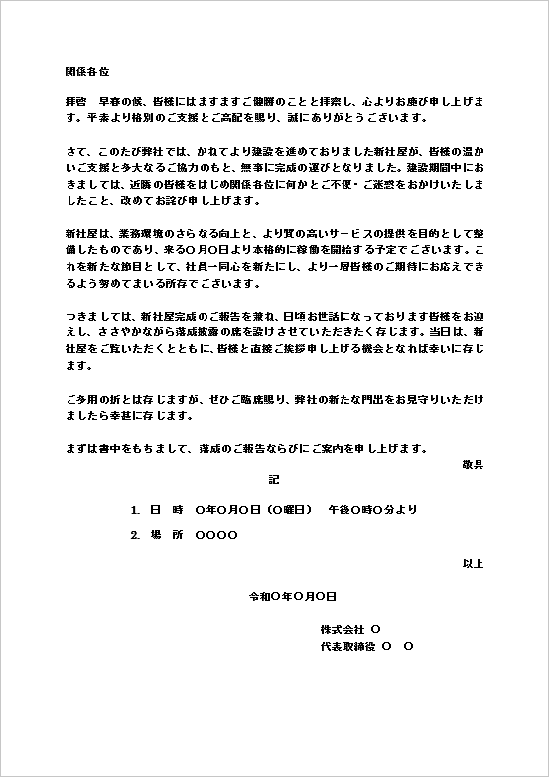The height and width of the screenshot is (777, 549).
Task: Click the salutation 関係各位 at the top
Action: pyautogui.click(x=86, y=73)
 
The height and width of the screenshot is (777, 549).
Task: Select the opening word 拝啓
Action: pyautogui.click(x=75, y=103)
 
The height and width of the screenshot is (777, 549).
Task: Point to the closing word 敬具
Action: pyautogui.click(x=473, y=464)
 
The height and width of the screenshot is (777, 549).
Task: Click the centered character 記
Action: pyautogui.click(x=274, y=480)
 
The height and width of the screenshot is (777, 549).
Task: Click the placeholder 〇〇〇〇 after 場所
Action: pyautogui.click(x=216, y=536)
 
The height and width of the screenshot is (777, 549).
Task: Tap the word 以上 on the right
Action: pyautogui.click(x=473, y=564)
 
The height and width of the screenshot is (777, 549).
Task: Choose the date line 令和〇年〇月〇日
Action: pyautogui.click(x=293, y=597)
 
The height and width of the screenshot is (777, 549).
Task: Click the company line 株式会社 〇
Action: pyautogui.click(x=349, y=630)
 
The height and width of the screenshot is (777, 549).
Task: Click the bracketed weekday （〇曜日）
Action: pyautogui.click(x=290, y=510)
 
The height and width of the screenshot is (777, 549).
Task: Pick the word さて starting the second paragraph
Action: pyautogui.click(x=75, y=153)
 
